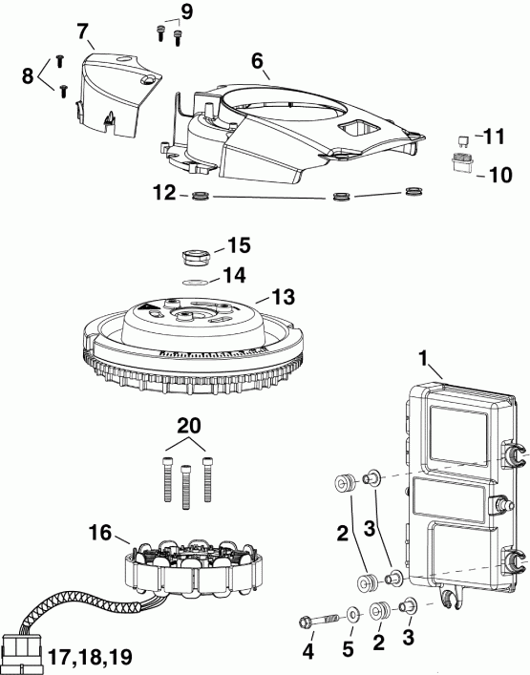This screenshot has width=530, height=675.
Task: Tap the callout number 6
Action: click(x=258, y=59)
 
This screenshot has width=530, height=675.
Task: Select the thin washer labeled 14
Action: click(x=195, y=282)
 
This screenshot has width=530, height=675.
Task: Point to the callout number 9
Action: click(x=185, y=12)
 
